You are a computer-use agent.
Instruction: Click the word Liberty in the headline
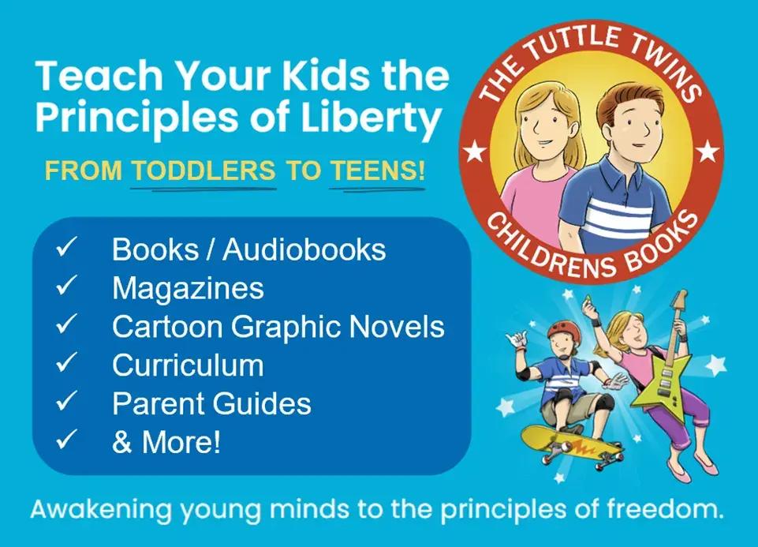382,119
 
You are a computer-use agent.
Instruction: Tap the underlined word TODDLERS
204,171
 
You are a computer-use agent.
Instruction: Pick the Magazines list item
188,288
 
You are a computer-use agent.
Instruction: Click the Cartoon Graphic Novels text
278,327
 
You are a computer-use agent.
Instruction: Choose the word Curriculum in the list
188,365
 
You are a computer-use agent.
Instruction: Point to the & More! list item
166,442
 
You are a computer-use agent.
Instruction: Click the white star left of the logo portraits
476,151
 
